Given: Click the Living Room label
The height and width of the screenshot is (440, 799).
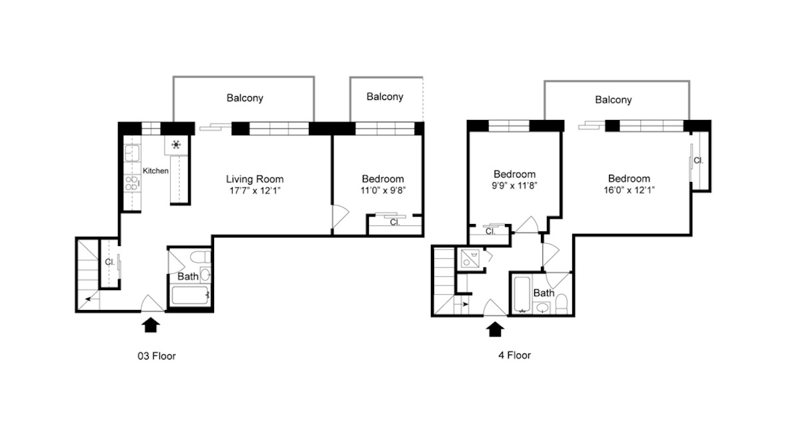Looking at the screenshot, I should coord(254,179).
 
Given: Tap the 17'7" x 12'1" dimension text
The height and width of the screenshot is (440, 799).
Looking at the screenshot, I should coord(254,190).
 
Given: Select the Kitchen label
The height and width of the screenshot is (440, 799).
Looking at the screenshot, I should coord(155,171).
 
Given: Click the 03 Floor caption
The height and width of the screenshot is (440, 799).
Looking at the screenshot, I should coord(157,356).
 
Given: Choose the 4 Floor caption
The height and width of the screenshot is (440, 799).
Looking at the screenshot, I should coord(514,355).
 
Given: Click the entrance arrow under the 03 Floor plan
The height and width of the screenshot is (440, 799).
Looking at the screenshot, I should coord(152,325).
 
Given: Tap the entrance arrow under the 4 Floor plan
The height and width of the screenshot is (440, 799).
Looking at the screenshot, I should coord(495,329).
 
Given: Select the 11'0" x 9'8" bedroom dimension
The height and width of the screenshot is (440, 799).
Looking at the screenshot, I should coord(383,190).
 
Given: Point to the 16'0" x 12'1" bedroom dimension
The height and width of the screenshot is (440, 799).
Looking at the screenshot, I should coord(629,190).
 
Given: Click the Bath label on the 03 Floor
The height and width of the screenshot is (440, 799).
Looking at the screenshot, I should coord(187,276).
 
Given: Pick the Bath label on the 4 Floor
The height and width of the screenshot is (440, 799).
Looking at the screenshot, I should coord(544,293).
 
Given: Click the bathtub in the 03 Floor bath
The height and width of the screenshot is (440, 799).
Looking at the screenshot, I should coord(190,297).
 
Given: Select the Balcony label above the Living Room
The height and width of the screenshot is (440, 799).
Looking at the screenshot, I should coord(245,98).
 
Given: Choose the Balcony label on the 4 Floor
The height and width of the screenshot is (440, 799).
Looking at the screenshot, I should coord(613,100).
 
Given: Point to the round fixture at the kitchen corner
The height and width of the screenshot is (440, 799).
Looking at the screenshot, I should coord(177,144).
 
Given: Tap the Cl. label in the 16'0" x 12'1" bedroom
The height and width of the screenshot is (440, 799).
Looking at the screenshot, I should coord(698,161).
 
